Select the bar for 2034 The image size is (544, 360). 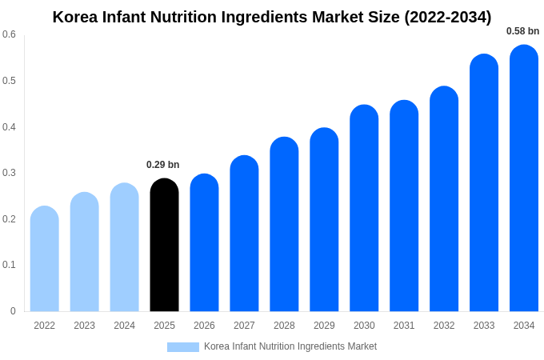click(x=524, y=180)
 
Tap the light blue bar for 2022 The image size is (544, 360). click(x=45, y=260)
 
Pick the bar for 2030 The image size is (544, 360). click(x=364, y=210)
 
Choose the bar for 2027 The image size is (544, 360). click(x=244, y=234)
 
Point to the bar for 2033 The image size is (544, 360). click(x=484, y=184)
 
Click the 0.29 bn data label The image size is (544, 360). click(x=162, y=165)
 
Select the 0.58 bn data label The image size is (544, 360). click(x=522, y=31)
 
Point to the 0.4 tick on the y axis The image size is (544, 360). click(x=9, y=126)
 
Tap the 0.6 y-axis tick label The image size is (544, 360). click(x=9, y=34)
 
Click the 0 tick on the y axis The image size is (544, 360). click(x=13, y=311)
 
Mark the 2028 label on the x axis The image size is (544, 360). click(x=284, y=326)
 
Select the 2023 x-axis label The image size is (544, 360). click(x=84, y=326)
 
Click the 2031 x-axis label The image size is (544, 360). click(x=404, y=326)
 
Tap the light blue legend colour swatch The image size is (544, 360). click(x=182, y=346)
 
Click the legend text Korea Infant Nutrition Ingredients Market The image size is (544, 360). click(x=290, y=346)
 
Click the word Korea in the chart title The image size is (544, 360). click(x=74, y=17)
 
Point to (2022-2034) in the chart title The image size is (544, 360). click(x=447, y=17)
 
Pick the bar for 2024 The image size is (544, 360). click(x=124, y=249)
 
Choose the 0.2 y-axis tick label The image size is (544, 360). click(x=9, y=218)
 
